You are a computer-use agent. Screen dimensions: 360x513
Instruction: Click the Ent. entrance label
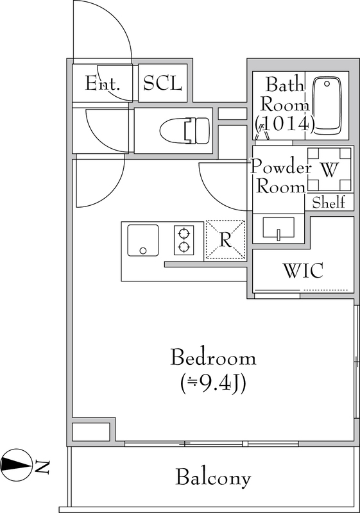(x=103, y=83)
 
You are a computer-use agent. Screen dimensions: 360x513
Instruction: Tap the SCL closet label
(x=162, y=83)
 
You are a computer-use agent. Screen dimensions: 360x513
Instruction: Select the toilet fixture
(x=185, y=131)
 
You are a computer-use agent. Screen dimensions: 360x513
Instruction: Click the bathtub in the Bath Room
(x=327, y=106)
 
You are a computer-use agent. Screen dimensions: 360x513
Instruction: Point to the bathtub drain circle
(x=327, y=84)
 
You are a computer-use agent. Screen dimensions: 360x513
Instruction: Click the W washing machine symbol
(x=330, y=169)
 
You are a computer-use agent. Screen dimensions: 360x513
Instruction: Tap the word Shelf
(x=329, y=203)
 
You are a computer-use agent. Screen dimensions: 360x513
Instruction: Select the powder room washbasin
(x=279, y=228)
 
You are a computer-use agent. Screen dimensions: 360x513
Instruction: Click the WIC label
(x=304, y=270)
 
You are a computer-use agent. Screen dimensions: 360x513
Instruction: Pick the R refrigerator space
(x=225, y=240)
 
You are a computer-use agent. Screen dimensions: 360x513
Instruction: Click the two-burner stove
(x=184, y=240)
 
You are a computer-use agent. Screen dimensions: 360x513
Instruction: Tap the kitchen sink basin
(x=142, y=240)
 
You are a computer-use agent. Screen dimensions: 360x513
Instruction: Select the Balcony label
(x=214, y=477)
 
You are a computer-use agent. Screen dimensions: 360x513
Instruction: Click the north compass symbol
(x=16, y=464)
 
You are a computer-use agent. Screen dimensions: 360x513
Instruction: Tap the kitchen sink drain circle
(x=142, y=251)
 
